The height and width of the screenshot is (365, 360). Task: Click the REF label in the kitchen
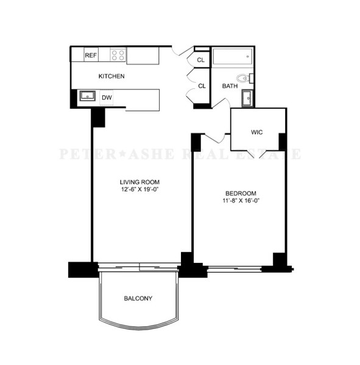[91, 55]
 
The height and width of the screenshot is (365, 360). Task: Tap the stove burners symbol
[118, 55]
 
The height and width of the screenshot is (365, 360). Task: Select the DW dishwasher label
[107, 97]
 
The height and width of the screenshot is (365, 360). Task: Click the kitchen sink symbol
[87, 96]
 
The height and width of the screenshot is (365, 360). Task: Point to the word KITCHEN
[111, 77]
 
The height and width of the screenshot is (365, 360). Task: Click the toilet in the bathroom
[244, 78]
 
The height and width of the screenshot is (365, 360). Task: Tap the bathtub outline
[232, 58]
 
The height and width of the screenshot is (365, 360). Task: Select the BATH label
[230, 86]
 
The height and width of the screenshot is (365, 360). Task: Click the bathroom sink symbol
[247, 97]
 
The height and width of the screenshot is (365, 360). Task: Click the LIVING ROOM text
[139, 182]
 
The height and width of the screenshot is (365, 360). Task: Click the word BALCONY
[138, 299]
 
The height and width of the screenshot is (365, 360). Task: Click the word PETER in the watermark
[83, 154]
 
